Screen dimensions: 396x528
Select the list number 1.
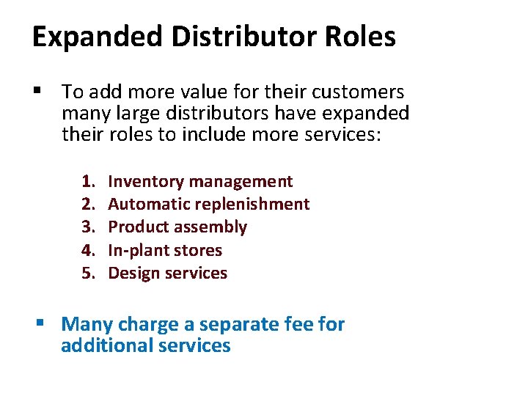coord(88,181)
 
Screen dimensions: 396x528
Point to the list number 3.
coord(88,227)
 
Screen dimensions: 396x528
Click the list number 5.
coord(88,273)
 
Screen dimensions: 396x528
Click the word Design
coord(133,274)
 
